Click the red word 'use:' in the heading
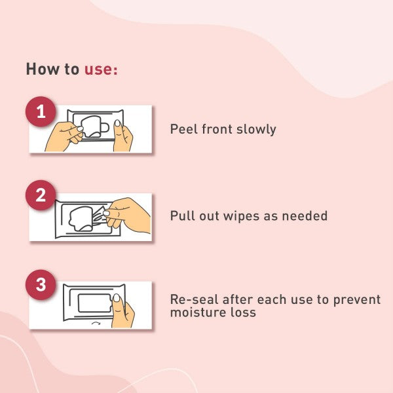(101, 69)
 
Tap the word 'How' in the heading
(43, 69)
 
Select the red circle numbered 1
(41, 111)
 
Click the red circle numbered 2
(41, 195)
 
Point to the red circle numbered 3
(41, 285)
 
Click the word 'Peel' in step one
(183, 129)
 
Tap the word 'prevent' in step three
(357, 300)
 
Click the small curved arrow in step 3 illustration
(96, 323)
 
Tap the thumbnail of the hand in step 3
(117, 298)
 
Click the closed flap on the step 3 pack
(94, 303)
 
